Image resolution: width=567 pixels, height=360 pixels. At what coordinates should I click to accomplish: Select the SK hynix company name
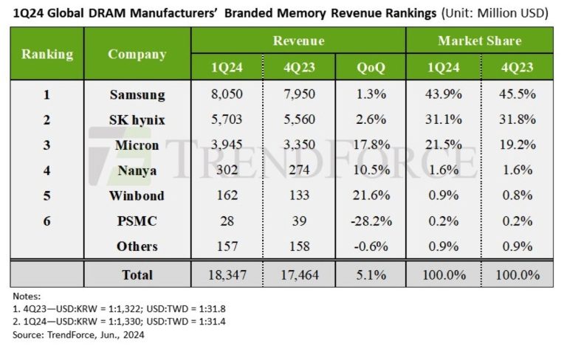pyautogui.click(x=137, y=120)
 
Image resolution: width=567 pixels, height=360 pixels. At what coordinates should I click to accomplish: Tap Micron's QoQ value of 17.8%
pyautogui.click(x=369, y=145)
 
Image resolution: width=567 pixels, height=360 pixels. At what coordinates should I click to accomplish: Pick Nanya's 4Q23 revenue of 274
pyautogui.click(x=298, y=170)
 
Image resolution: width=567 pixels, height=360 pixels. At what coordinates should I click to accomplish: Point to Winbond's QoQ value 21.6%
pyautogui.click(x=369, y=195)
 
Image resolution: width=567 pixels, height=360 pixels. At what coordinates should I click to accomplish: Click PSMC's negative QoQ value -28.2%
pyautogui.click(x=369, y=221)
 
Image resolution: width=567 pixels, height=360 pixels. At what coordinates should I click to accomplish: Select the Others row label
pyautogui.click(x=137, y=246)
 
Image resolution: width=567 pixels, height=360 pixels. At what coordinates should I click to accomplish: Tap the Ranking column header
pyautogui.click(x=47, y=54)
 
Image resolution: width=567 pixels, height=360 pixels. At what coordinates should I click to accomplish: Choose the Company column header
pyautogui.click(x=137, y=54)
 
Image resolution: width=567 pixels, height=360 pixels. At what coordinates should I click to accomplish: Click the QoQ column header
pyautogui.click(x=369, y=67)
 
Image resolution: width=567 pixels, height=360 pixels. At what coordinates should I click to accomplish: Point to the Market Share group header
pyautogui.click(x=479, y=41)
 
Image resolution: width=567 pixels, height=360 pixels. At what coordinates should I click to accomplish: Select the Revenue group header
pyautogui.click(x=298, y=41)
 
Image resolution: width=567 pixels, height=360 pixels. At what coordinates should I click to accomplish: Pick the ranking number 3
pyautogui.click(x=47, y=145)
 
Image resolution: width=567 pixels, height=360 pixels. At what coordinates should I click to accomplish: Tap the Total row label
pyautogui.click(x=137, y=274)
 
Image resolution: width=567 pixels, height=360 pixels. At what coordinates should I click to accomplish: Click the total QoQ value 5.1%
pyautogui.click(x=369, y=274)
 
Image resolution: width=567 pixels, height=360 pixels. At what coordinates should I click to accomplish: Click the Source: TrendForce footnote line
pyautogui.click(x=78, y=335)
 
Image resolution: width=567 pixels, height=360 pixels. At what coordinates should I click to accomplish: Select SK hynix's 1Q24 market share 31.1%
pyautogui.click(x=443, y=120)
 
